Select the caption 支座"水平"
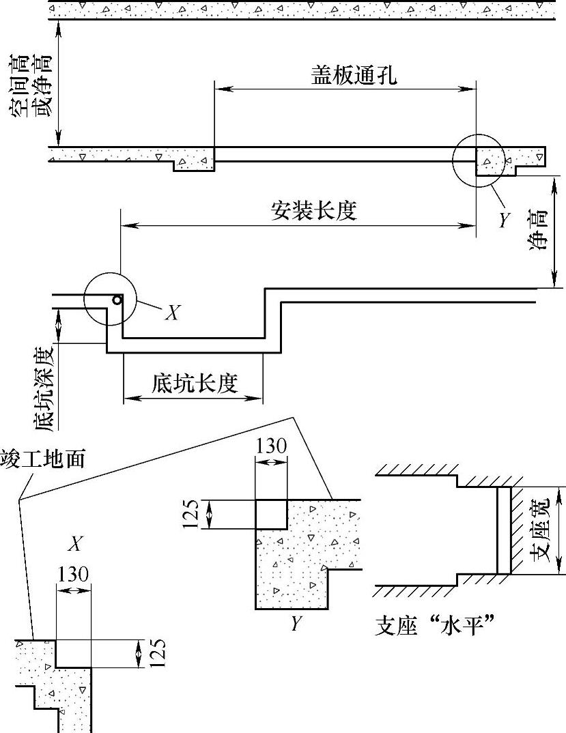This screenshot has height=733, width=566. click(x=435, y=624)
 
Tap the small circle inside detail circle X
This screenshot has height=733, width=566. click(x=118, y=300)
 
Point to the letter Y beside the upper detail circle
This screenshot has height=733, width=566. click(x=505, y=219)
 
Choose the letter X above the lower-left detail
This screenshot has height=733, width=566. click(x=76, y=543)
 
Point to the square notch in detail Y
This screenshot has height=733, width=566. click(x=271, y=514)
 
